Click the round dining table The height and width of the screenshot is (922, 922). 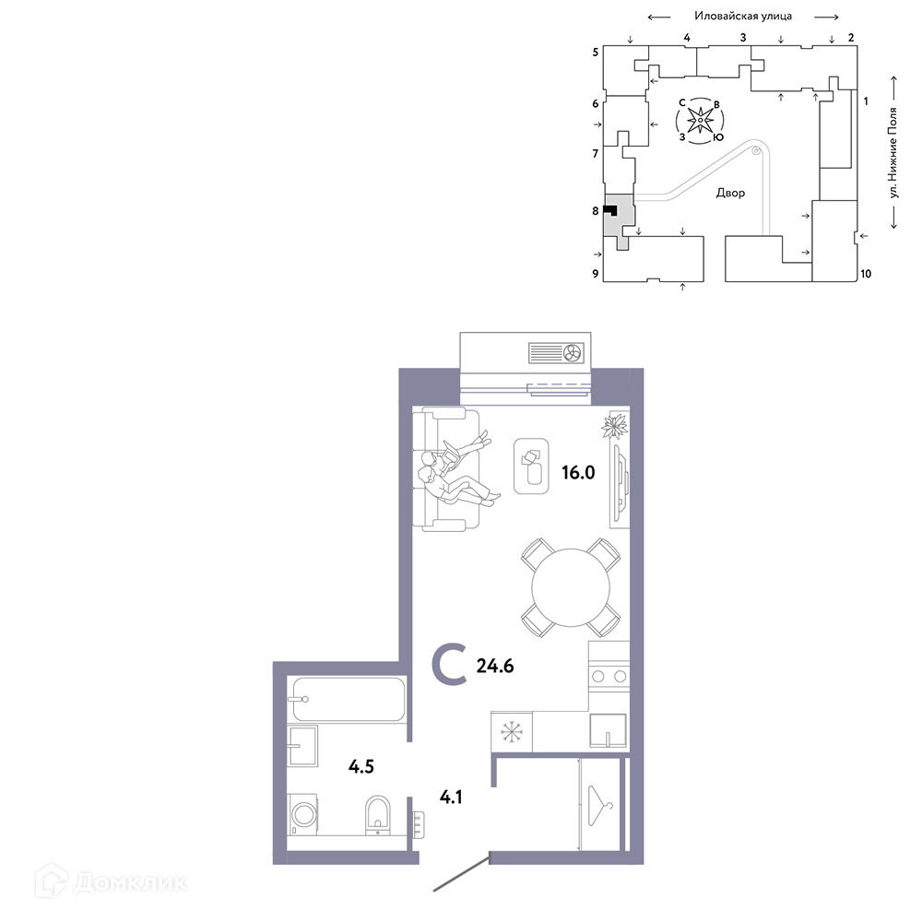[x=571, y=587]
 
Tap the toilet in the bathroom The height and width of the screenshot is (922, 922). [x=377, y=815]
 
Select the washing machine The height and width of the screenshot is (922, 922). [x=302, y=814]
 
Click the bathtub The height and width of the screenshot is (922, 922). [x=349, y=699]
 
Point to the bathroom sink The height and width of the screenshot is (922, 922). [x=302, y=746]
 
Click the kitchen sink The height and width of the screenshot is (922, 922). [x=608, y=730]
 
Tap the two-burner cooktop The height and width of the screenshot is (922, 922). [x=609, y=676]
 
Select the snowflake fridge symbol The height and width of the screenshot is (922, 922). [x=512, y=732]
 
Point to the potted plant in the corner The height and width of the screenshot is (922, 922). [x=615, y=425]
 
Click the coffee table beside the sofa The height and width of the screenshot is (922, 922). [x=531, y=467]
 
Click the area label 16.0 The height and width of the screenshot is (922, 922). [x=579, y=472]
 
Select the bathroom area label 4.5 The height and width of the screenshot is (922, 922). [x=361, y=766]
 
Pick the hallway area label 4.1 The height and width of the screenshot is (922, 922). [x=451, y=797]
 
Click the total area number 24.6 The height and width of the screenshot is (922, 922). [x=495, y=666]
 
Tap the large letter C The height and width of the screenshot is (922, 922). [x=450, y=665]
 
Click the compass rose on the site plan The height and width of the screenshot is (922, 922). [x=700, y=121]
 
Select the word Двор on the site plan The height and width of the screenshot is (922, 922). [x=730, y=193]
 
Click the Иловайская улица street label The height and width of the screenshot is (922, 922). [x=743, y=16]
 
